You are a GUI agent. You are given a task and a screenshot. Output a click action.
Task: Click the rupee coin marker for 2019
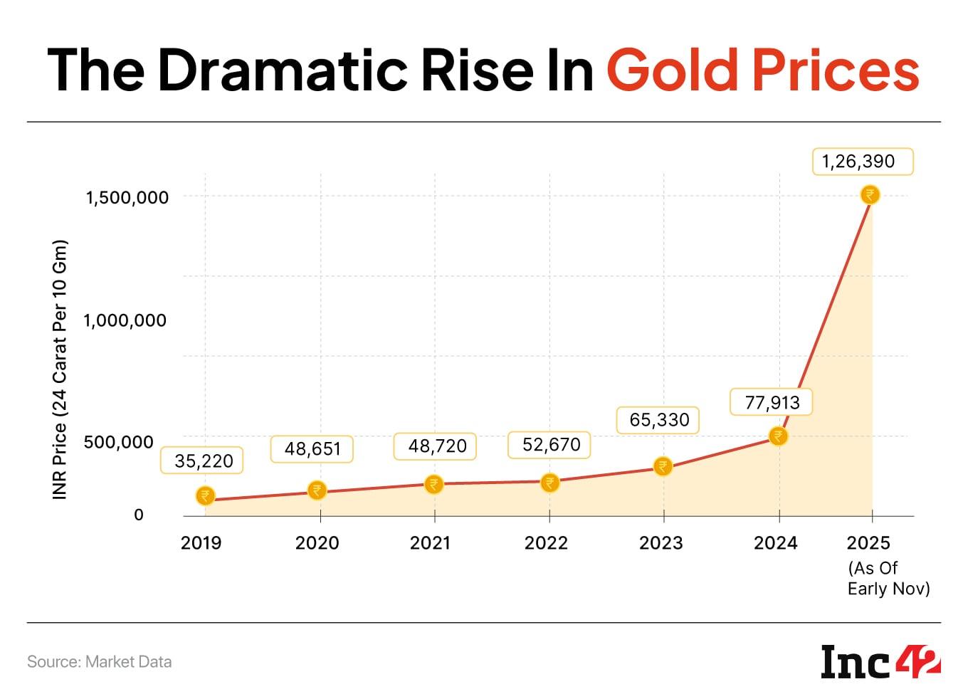[205, 495]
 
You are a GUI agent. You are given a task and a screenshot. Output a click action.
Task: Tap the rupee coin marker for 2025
[870, 194]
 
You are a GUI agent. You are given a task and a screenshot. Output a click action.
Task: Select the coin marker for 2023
[663, 466]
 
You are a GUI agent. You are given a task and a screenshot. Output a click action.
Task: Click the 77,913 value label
[772, 402]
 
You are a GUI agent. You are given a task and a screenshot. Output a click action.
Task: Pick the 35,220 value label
[204, 461]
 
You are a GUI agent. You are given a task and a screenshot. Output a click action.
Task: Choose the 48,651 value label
[312, 449]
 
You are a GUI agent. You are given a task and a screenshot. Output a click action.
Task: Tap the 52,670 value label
[551, 445]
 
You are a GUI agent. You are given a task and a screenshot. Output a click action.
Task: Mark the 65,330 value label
[659, 420]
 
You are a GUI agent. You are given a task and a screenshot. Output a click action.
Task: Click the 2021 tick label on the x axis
[430, 543]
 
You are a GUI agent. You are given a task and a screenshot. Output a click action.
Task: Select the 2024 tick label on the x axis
[775, 543]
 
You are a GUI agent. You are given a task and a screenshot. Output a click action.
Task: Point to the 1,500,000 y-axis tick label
[127, 197]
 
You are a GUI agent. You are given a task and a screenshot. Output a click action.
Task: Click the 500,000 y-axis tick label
[118, 442]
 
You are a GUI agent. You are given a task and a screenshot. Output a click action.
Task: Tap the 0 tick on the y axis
[139, 515]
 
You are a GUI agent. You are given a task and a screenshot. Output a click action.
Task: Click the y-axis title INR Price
[60, 369]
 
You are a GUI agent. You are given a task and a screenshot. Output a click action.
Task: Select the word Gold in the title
[674, 70]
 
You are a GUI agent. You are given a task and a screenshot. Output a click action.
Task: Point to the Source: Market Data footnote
[100, 662]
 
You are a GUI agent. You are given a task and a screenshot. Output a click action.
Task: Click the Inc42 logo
[880, 662]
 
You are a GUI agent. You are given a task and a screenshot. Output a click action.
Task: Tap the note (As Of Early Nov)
[888, 578]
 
